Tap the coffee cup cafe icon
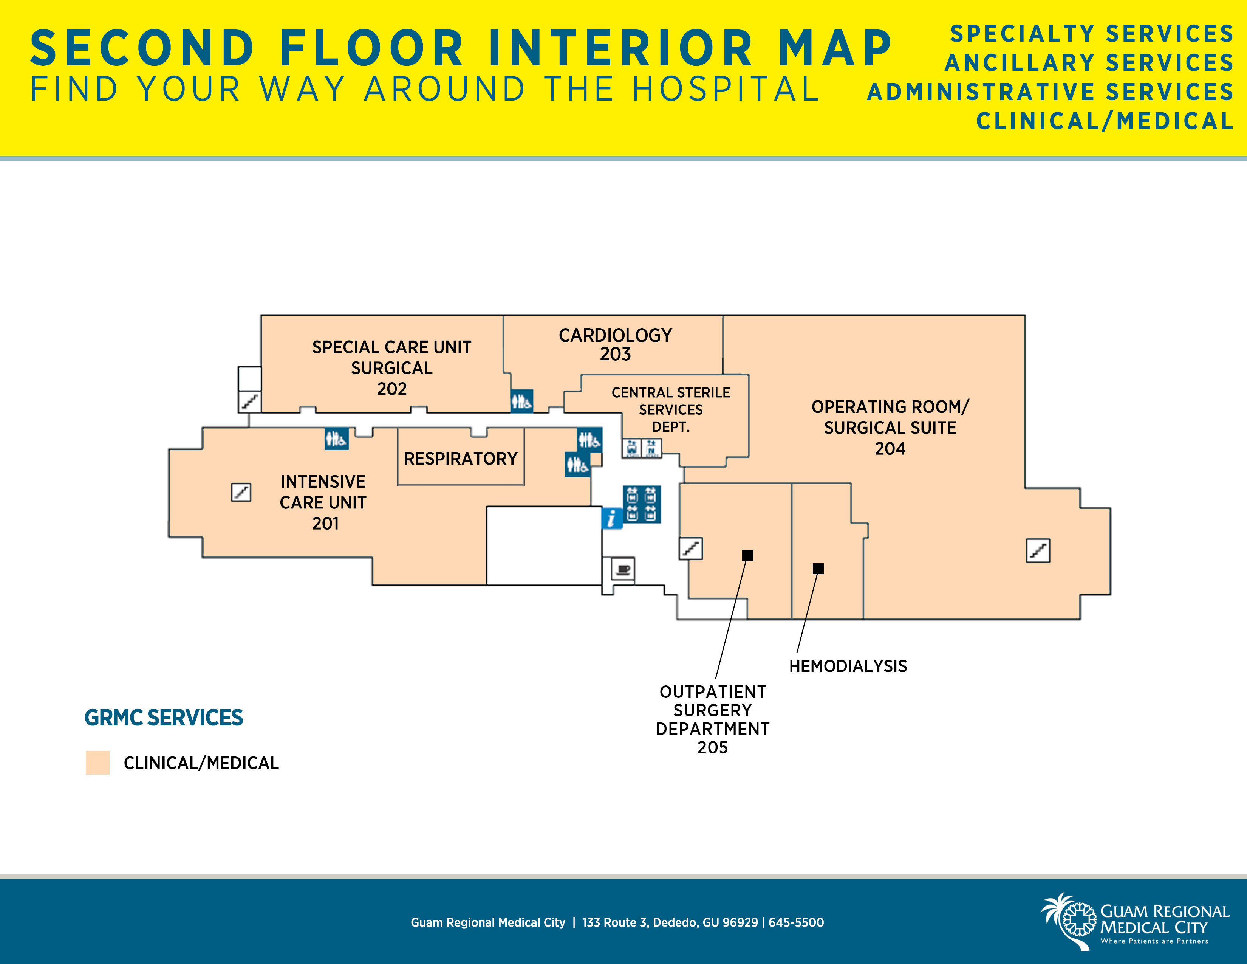(623, 569)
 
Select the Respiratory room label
(460, 459)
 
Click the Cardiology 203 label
(615, 344)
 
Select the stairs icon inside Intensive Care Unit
(241, 492)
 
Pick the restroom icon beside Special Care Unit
(521, 401)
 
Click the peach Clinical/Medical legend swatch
(97, 763)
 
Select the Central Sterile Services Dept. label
(670, 409)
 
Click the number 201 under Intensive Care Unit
(325, 523)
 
